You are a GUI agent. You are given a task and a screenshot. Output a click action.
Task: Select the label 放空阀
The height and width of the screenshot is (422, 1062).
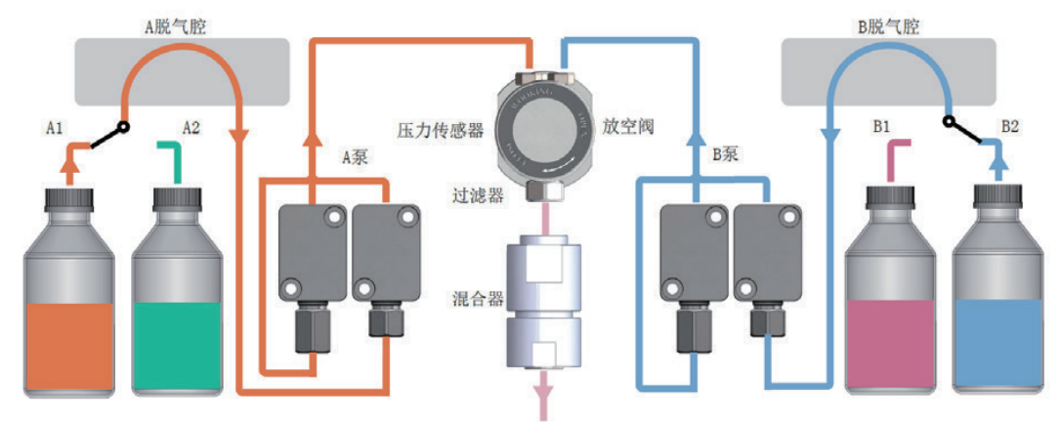pos(621,126)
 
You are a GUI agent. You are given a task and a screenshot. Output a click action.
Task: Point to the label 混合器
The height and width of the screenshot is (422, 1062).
pos(478,296)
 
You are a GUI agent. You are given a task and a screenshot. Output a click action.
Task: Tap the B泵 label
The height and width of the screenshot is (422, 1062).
pos(724,154)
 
